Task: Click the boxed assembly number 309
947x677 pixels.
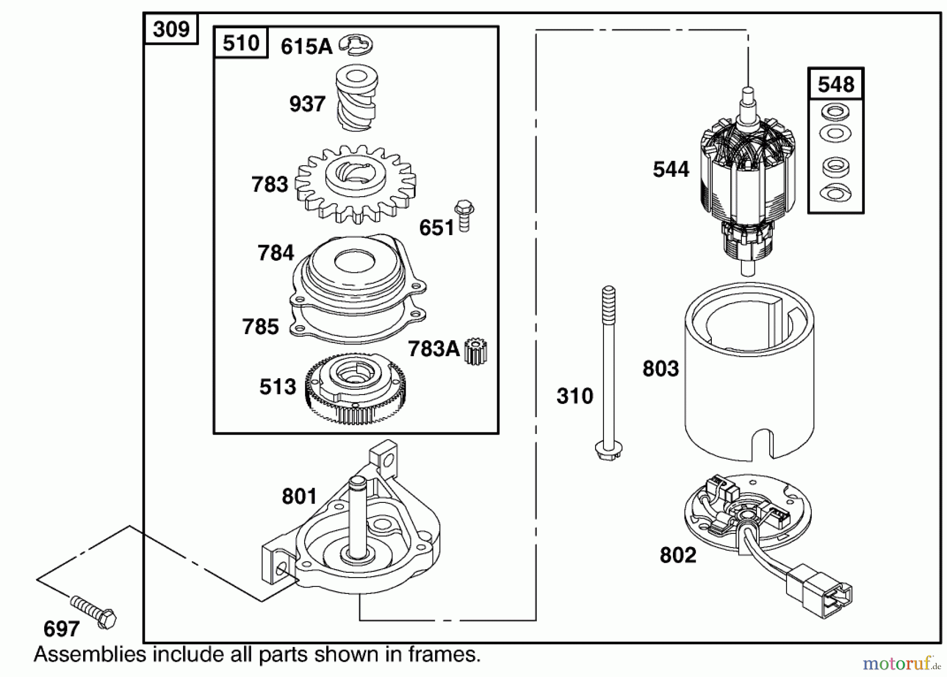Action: (171, 29)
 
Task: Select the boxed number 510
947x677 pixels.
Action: (241, 43)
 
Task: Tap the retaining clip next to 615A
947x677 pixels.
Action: (356, 44)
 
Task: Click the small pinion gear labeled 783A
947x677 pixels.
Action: (476, 351)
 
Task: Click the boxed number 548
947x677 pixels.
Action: (835, 84)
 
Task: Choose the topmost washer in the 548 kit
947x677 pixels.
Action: (835, 112)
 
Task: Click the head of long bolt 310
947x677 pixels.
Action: (609, 451)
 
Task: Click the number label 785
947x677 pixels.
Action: (260, 327)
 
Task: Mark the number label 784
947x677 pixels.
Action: (275, 253)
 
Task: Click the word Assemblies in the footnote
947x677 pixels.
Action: (89, 655)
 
